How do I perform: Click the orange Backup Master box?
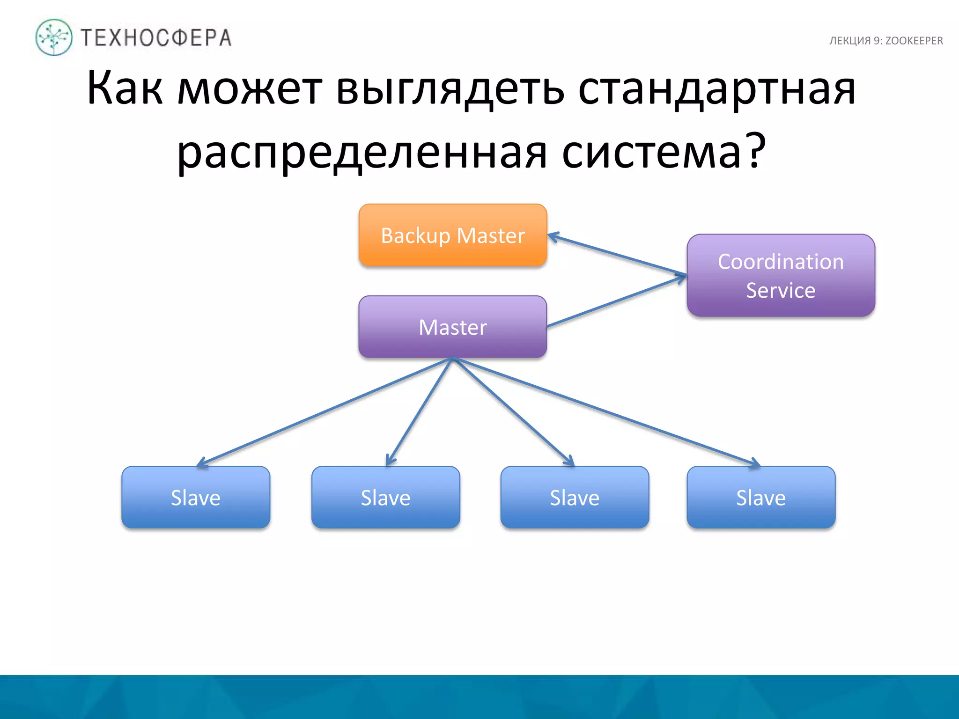452,235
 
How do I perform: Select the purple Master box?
452,327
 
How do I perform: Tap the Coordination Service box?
781,275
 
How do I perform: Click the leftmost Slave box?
196,497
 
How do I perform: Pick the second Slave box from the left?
385,497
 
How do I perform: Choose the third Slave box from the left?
575,497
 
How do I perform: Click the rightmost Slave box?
761,497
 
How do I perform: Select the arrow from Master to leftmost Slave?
323,412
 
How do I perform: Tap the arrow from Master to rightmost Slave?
609,412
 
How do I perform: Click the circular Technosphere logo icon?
54,37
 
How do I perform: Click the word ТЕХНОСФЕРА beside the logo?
156,38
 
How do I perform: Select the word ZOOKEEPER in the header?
914,41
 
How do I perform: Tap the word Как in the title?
125,88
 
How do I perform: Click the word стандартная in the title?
716,88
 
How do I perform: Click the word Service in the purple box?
781,290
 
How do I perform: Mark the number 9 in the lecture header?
877,41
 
